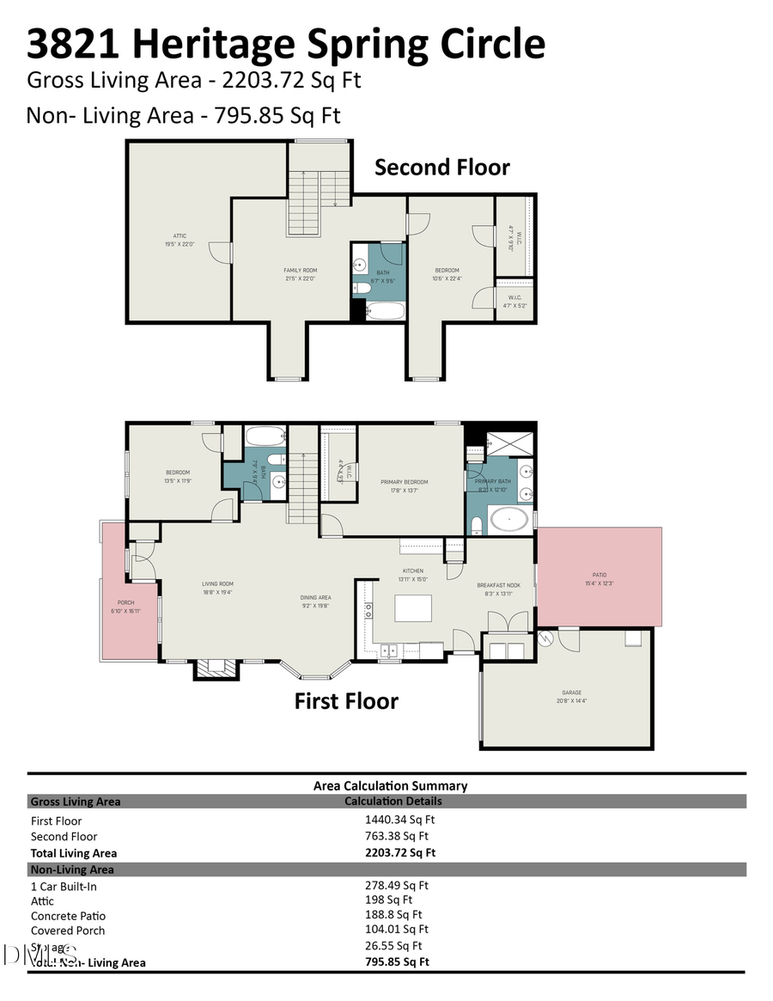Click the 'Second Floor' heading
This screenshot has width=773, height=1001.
(x=441, y=167)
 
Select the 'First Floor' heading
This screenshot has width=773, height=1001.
(x=346, y=701)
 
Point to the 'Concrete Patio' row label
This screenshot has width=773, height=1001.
(x=68, y=916)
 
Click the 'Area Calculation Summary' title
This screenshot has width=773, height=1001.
(x=390, y=785)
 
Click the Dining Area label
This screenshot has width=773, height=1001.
(x=315, y=597)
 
